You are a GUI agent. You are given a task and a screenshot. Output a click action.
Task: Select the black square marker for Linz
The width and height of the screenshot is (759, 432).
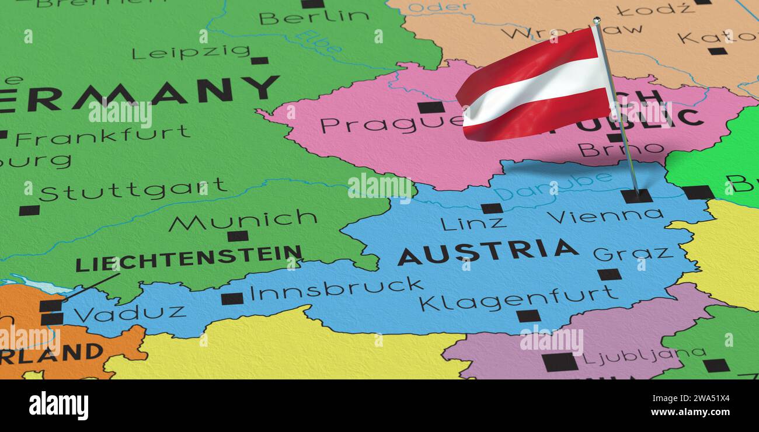point(492,208)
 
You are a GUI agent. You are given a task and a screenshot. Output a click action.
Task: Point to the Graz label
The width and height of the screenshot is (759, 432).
point(632,253)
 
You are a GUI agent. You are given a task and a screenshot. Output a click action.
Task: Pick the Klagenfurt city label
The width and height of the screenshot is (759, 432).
point(517,299)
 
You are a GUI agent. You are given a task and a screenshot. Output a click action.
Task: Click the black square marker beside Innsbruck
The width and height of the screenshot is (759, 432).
point(232,299)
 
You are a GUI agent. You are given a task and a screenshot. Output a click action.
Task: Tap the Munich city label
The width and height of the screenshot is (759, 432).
point(243,220)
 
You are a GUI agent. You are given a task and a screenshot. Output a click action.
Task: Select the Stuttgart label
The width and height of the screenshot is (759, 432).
point(133,189)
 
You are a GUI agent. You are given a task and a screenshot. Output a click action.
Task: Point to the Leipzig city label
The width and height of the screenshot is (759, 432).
point(191,53)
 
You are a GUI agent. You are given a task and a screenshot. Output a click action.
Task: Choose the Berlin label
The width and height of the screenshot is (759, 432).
point(314,18)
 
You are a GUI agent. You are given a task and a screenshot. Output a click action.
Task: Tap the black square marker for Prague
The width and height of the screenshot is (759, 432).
point(431,107)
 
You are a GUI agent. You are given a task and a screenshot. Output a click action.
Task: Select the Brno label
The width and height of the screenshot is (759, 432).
point(620,149)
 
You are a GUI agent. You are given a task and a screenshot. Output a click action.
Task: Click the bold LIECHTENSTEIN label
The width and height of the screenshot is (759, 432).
point(189,258)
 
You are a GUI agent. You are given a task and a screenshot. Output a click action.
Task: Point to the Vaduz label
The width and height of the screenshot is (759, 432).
point(130,313)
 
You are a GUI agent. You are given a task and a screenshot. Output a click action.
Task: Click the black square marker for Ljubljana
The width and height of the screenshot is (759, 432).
point(559,362)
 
